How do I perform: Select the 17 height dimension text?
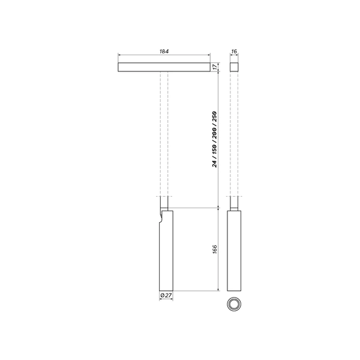click(215, 67)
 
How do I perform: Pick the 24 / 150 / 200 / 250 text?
click(215, 139)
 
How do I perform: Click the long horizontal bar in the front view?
click(164, 67)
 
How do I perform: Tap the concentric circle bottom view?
click(233, 304)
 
